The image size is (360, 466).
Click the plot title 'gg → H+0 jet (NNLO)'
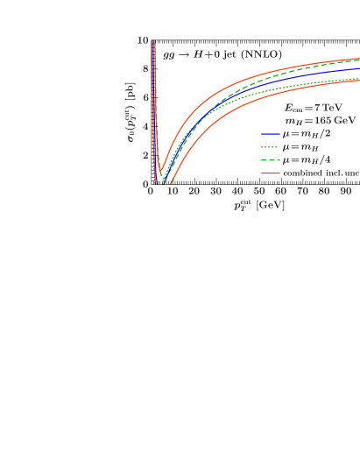(x=222, y=54)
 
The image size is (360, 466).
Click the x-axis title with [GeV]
(x=258, y=206)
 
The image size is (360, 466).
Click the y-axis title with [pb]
(x=131, y=113)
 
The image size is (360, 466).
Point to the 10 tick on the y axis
(x=143, y=40)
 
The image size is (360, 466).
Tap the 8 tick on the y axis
(x=145, y=69)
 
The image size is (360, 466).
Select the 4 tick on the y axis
(x=145, y=127)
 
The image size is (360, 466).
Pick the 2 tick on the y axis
(x=145, y=156)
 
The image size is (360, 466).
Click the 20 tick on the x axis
(x=194, y=191)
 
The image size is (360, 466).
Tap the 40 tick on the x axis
(x=237, y=191)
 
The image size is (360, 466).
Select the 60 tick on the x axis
(x=280, y=191)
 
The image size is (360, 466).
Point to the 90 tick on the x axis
(x=345, y=191)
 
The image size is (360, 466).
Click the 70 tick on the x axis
(x=302, y=191)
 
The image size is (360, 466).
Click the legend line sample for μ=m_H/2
(x=270, y=134)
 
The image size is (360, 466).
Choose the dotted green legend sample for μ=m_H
(x=270, y=147)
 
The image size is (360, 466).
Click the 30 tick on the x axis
(x=215, y=191)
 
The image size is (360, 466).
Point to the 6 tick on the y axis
(x=145, y=98)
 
